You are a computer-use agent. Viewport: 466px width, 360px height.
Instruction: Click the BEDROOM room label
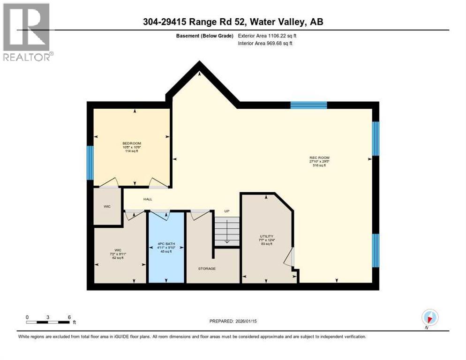pyautogui.click(x=132, y=143)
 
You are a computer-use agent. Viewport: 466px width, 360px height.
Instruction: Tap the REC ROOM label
pyautogui.click(x=317, y=157)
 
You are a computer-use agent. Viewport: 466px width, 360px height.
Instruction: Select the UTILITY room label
pyautogui.click(x=267, y=236)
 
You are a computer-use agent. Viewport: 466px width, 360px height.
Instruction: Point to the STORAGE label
pyautogui.click(x=206, y=269)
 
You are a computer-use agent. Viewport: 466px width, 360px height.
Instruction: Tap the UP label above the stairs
pyautogui.click(x=226, y=211)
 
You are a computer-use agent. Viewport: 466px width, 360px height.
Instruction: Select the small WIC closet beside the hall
pyautogui.click(x=107, y=206)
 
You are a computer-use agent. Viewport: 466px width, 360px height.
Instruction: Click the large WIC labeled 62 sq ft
pyautogui.click(x=120, y=253)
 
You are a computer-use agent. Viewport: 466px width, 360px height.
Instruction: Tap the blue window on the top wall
pyautogui.click(x=308, y=105)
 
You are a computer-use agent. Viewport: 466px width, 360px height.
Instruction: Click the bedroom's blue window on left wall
pyautogui.click(x=90, y=163)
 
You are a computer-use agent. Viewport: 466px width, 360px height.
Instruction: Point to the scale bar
pyautogui.click(x=48, y=322)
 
